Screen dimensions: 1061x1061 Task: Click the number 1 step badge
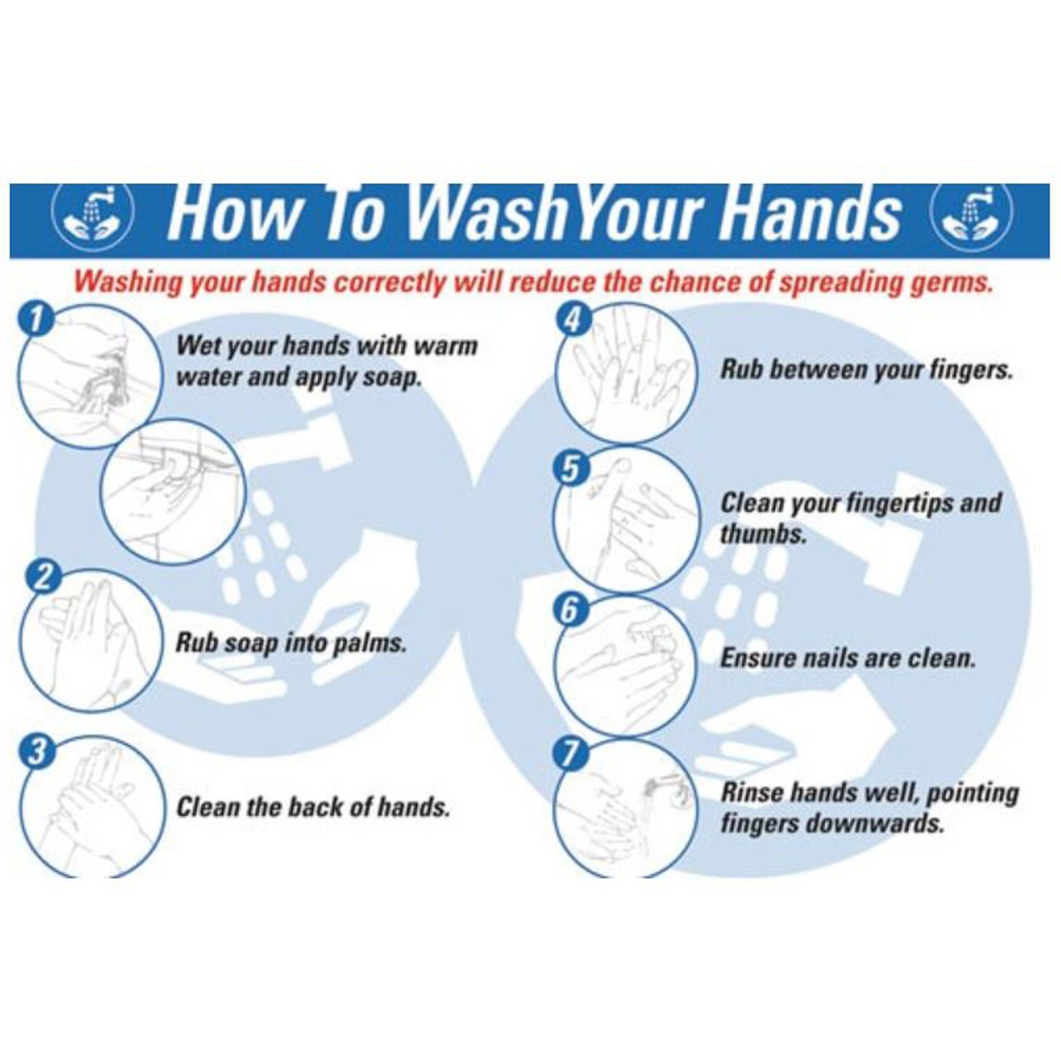[x=36, y=320]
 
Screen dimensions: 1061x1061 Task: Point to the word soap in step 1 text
[x=389, y=378]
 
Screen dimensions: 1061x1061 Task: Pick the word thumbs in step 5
[x=762, y=534]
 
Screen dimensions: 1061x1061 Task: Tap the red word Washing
[x=128, y=283]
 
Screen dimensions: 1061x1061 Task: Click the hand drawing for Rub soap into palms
[x=92, y=640]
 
